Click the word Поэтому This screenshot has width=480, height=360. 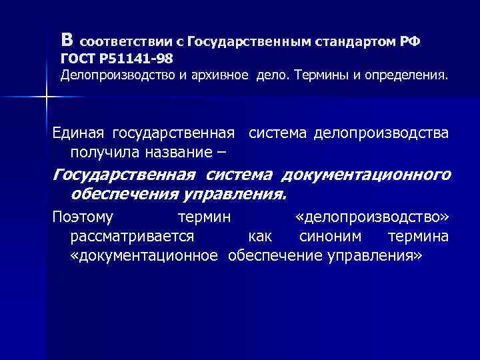[x=83, y=217]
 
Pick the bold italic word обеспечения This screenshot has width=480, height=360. [x=122, y=195]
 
